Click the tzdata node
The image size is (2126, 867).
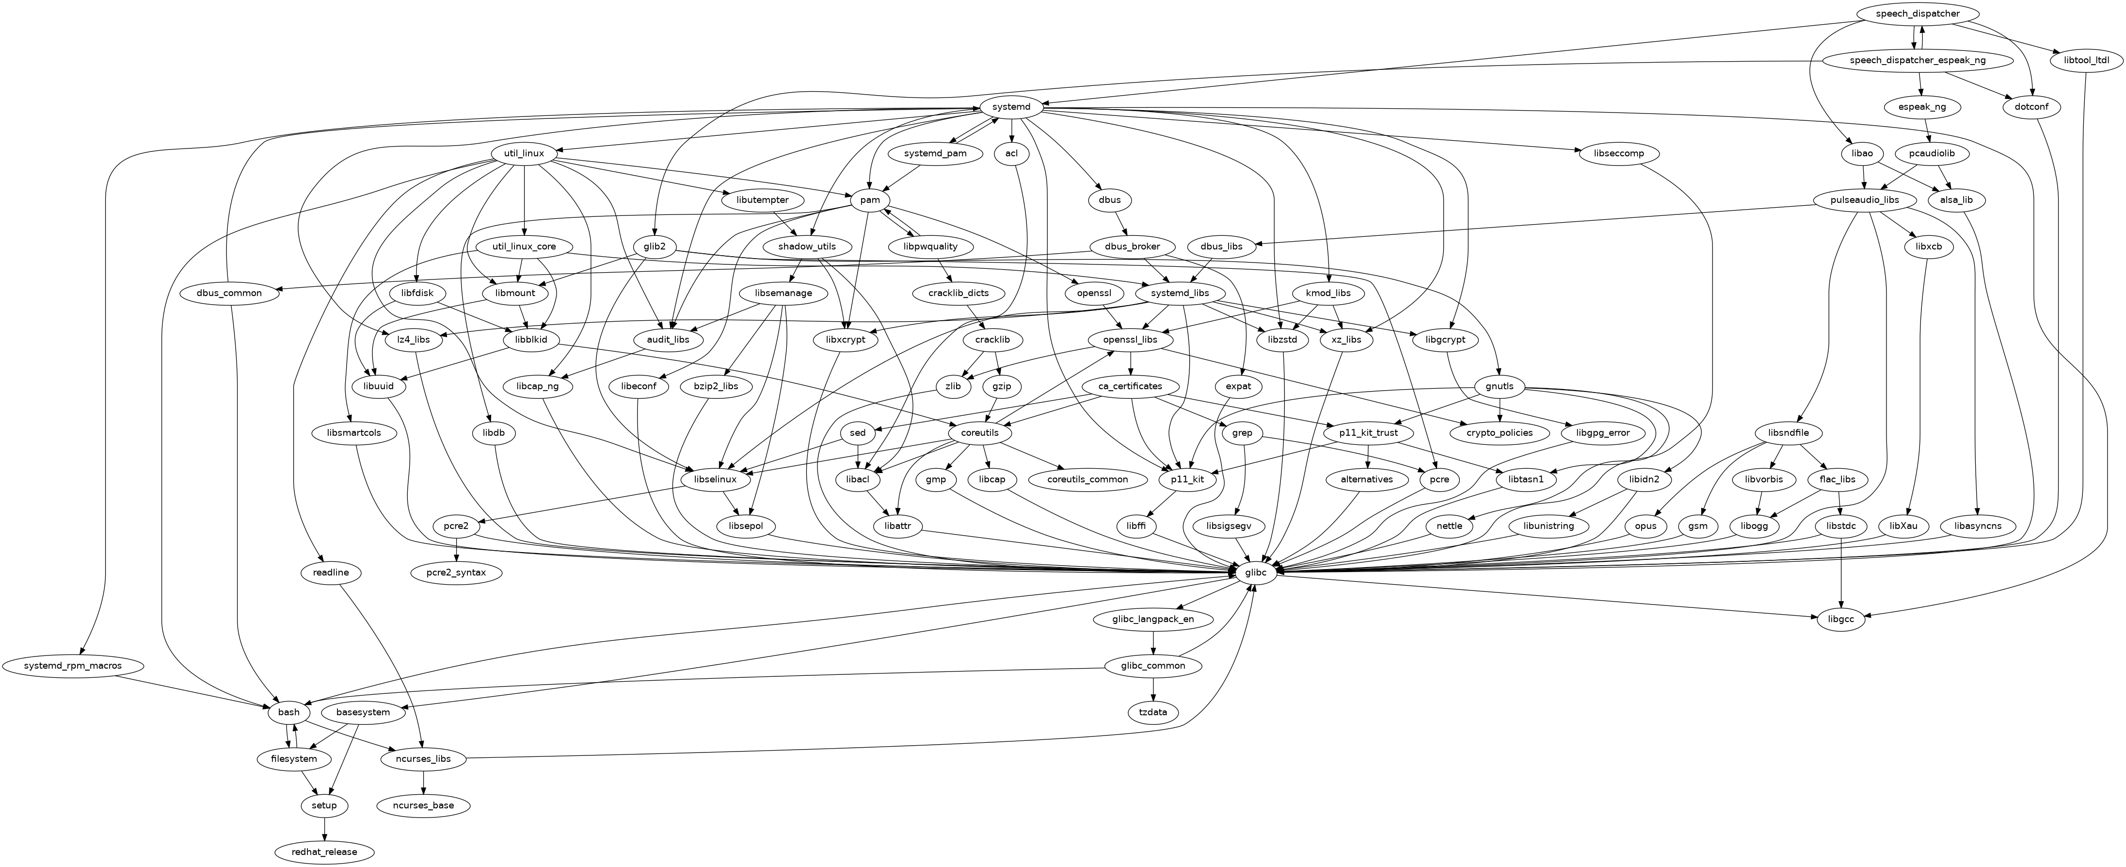pyautogui.click(x=1153, y=712)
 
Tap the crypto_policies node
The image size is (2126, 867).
pyautogui.click(x=1500, y=433)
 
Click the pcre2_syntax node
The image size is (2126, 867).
pyautogui.click(x=456, y=572)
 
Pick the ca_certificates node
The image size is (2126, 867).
pyautogui.click(x=1130, y=386)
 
